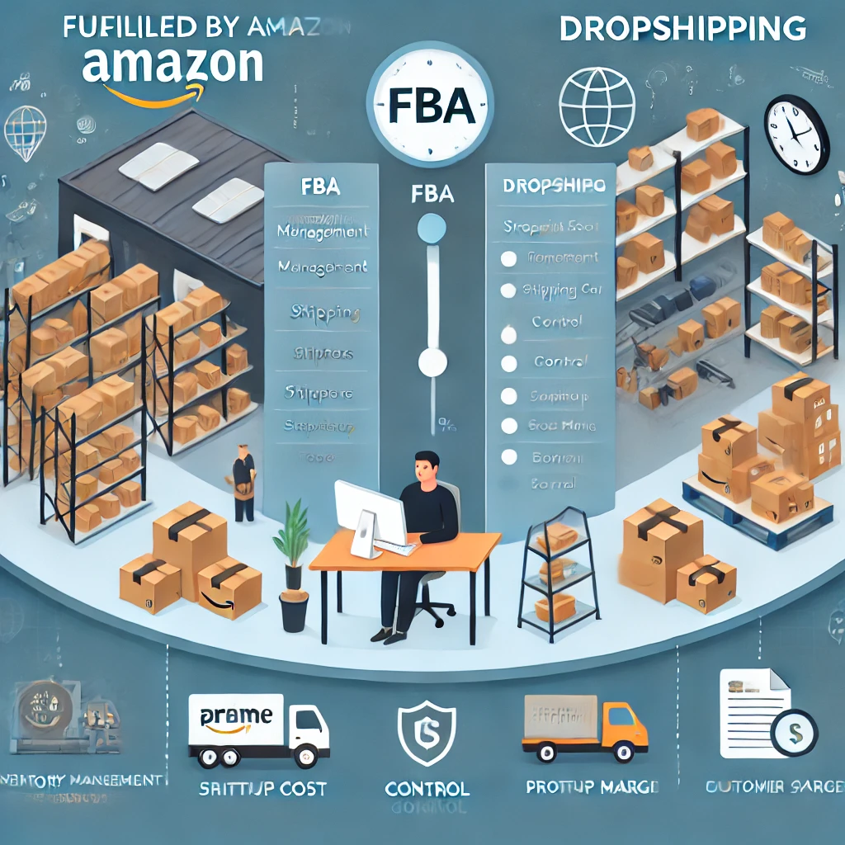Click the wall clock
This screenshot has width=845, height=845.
pyautogui.click(x=795, y=135)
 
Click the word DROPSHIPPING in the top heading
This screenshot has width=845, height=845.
pyautogui.click(x=682, y=29)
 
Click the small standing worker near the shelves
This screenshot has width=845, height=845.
pyautogui.click(x=243, y=483)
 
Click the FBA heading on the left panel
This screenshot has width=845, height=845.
pyautogui.click(x=321, y=186)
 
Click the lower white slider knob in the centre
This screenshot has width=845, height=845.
pyautogui.click(x=432, y=361)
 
